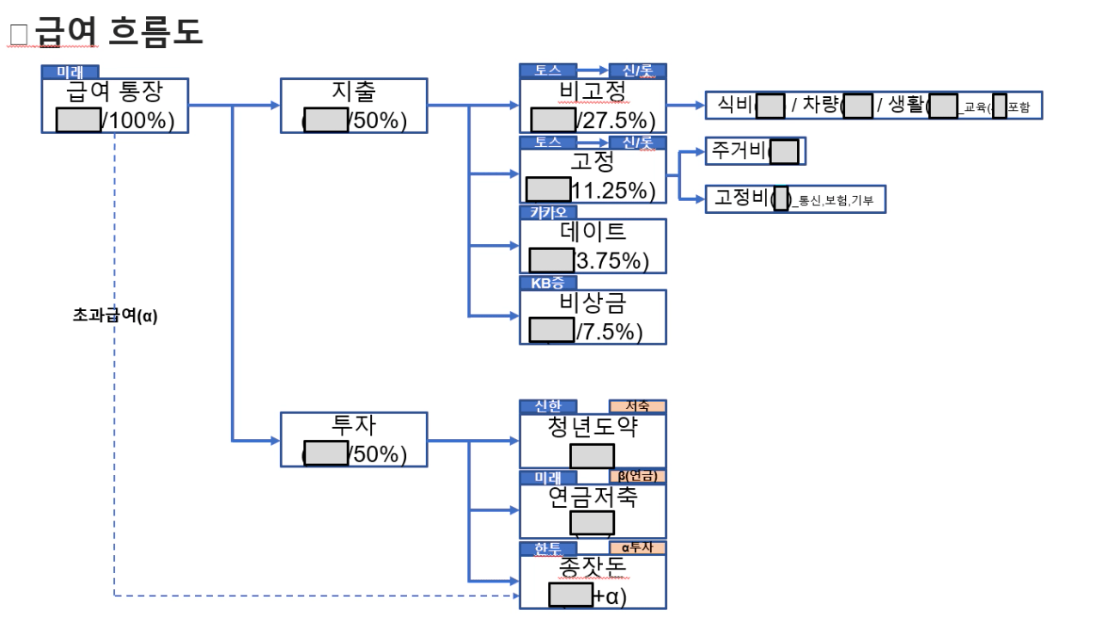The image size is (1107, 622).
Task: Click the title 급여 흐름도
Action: pyautogui.click(x=118, y=32)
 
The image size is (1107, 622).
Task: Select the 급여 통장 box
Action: pyautogui.click(x=114, y=106)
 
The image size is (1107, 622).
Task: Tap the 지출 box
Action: pyautogui.click(x=353, y=106)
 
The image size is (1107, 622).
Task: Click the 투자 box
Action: pyautogui.click(x=353, y=439)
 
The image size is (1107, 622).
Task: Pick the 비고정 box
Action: pyautogui.click(x=592, y=106)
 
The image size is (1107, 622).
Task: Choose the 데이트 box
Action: pyautogui.click(x=592, y=246)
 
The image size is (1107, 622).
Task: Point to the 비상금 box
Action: pyautogui.click(x=592, y=316)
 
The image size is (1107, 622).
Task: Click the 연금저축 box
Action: pyautogui.click(x=592, y=510)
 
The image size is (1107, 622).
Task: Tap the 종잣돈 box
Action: pyautogui.click(x=592, y=581)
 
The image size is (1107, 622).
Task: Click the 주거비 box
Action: pyautogui.click(x=755, y=151)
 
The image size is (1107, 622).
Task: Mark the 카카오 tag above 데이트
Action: pyautogui.click(x=548, y=212)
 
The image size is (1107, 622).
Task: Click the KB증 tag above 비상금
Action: pyautogui.click(x=548, y=283)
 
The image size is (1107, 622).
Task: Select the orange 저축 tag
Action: pyautogui.click(x=637, y=406)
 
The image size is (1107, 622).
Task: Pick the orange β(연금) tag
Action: pyautogui.click(x=637, y=477)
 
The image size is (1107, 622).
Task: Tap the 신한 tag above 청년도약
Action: pyautogui.click(x=548, y=406)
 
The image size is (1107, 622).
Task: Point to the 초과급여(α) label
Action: pyautogui.click(x=115, y=315)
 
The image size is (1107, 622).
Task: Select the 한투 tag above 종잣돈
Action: pyautogui.click(x=548, y=548)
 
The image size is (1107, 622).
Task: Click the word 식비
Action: pyautogui.click(x=734, y=105)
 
